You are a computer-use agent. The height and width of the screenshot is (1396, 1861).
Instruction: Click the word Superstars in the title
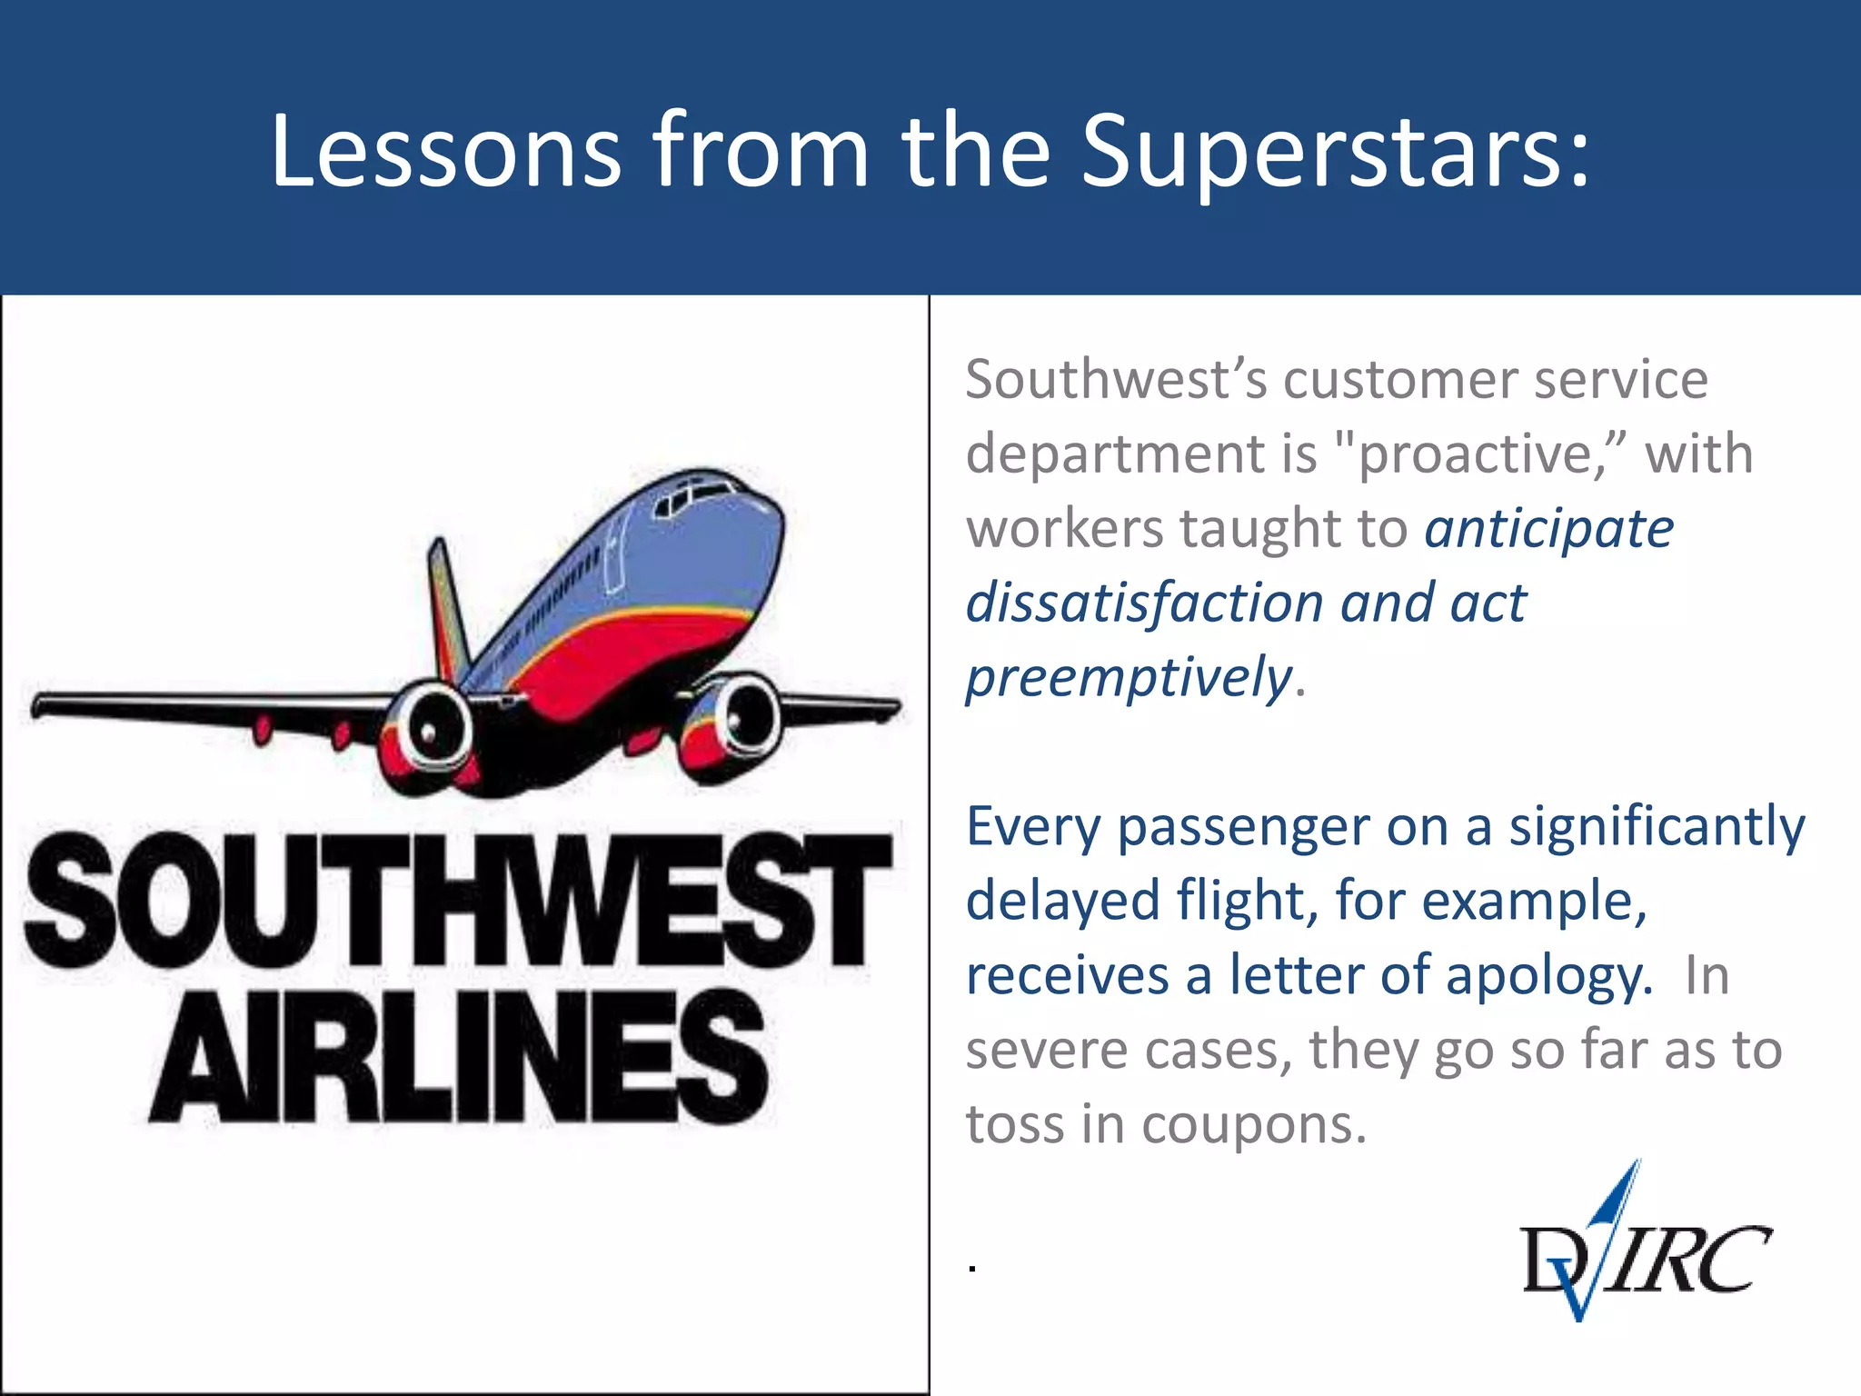[x=1336, y=153]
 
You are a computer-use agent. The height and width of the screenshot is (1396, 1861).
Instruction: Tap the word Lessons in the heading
[x=445, y=153]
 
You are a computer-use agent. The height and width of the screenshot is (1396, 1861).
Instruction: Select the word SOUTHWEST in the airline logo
[x=459, y=900]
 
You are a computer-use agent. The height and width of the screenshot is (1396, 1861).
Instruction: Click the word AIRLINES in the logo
[x=459, y=1059]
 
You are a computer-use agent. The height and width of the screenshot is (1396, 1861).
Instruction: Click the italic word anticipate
[x=1548, y=529]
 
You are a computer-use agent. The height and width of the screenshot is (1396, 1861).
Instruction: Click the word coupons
[x=1254, y=1125]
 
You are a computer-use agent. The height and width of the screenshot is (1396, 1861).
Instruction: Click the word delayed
[x=1063, y=902]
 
